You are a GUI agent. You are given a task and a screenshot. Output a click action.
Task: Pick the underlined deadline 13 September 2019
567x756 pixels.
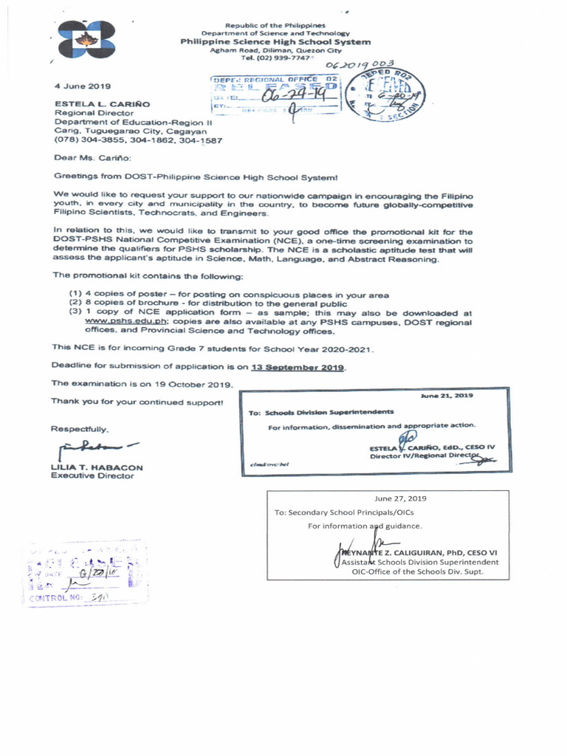point(298,366)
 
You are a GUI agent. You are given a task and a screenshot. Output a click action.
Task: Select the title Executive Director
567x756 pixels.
point(92,476)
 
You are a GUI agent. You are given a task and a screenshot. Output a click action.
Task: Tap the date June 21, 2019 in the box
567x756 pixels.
point(447,396)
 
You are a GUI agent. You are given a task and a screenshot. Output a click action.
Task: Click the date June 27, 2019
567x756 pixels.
point(401,498)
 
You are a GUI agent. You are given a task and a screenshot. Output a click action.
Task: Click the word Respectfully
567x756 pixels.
point(80,428)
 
